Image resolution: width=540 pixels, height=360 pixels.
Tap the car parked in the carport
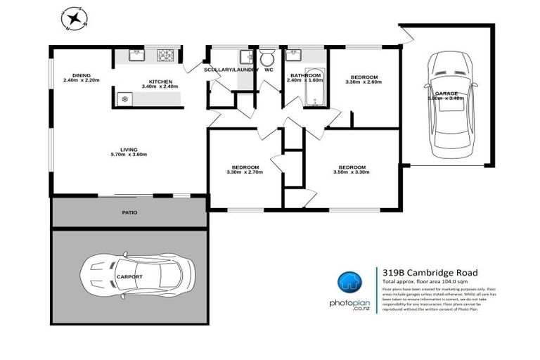pyautogui.click(x=137, y=276)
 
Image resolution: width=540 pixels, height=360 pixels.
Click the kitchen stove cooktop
pyautogui.click(x=167, y=54)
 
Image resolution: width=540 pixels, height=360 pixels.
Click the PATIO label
pyautogui.click(x=129, y=212)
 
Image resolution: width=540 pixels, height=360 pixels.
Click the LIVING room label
pyautogui.click(x=129, y=149)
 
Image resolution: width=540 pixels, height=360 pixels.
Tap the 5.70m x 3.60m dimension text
pyautogui.click(x=129, y=155)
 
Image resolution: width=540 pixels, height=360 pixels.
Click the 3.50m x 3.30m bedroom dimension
pyautogui.click(x=352, y=172)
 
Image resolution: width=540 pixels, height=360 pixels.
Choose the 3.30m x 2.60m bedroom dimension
pyautogui.click(x=364, y=82)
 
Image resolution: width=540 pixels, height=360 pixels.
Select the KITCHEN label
pyautogui.click(x=160, y=81)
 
